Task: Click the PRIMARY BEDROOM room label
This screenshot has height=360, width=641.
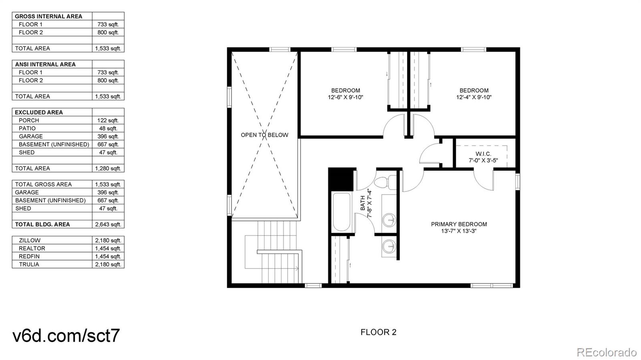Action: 459,224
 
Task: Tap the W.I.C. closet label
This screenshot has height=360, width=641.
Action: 483,154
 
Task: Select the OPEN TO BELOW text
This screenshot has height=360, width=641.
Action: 264,135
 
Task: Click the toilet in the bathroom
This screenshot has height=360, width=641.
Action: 385,183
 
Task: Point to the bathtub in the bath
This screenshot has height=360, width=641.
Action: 341,212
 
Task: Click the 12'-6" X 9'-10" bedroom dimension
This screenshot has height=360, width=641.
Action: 345,97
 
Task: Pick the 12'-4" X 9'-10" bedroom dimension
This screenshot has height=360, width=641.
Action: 474,97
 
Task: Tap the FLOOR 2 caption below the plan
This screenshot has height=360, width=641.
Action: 378,332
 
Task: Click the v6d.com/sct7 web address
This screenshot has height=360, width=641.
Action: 66,336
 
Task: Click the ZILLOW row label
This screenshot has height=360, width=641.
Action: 30,241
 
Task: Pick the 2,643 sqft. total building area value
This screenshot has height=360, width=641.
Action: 108,225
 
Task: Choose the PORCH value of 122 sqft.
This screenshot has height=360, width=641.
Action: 108,121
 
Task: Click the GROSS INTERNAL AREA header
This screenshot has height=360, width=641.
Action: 48,16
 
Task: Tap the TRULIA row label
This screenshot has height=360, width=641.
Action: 29,265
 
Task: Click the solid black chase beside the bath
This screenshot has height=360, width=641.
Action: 341,179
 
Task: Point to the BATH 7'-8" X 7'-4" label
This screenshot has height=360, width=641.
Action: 366,203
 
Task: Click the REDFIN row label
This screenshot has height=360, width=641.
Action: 29,257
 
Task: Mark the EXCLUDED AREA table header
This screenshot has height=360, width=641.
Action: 38,113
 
